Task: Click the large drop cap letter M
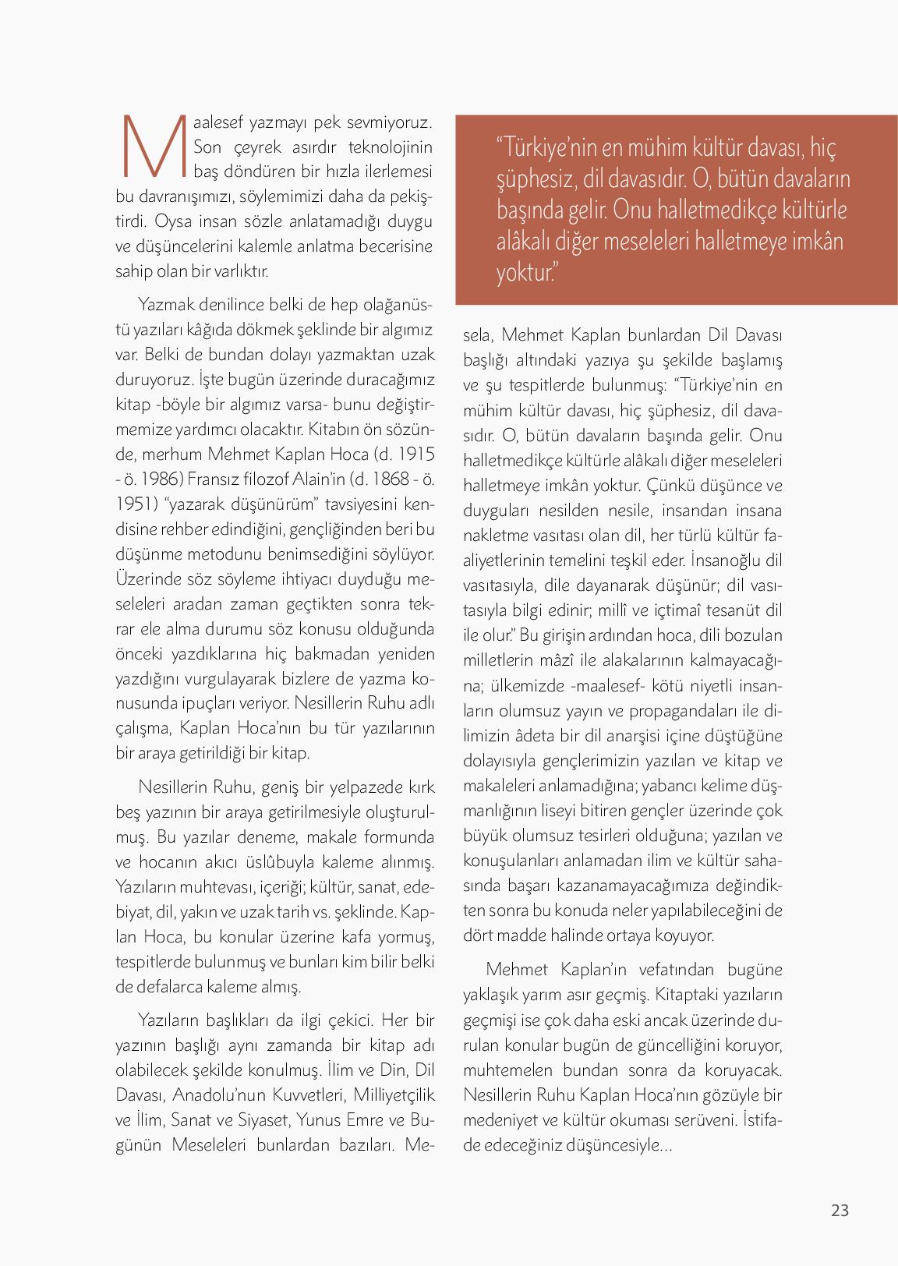[153, 147]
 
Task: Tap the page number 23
[840, 1210]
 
